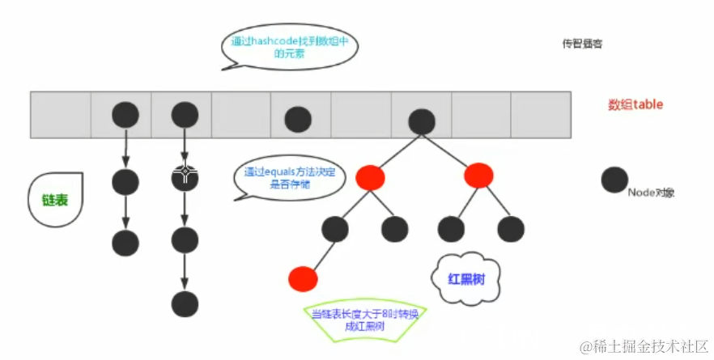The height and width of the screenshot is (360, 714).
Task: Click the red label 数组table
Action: (635, 105)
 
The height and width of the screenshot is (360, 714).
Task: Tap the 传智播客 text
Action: (582, 44)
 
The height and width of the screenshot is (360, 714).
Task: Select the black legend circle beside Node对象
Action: (615, 180)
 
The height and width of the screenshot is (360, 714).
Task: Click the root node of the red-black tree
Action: (421, 121)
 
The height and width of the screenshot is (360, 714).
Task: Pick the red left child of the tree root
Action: (369, 176)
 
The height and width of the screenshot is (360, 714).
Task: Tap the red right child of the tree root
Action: (478, 175)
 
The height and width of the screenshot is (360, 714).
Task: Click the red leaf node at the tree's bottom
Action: (302, 278)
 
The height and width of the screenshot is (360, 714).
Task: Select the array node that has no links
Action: (298, 119)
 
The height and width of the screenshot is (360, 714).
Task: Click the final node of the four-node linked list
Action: (185, 304)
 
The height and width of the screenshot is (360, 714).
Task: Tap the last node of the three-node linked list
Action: (125, 241)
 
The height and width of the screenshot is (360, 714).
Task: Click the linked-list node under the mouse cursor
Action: (185, 176)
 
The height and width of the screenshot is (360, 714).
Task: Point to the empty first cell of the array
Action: (61, 114)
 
